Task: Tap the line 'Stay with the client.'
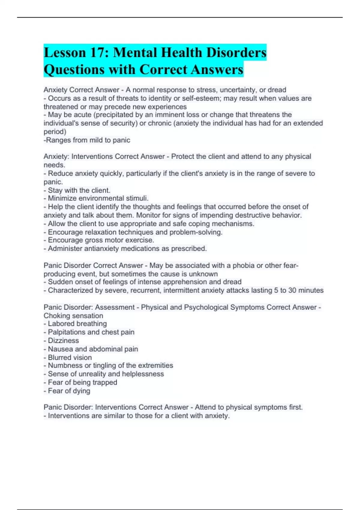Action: tap(79, 190)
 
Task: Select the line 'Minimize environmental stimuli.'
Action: tap(98, 198)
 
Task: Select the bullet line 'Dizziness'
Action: tap(63, 340)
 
